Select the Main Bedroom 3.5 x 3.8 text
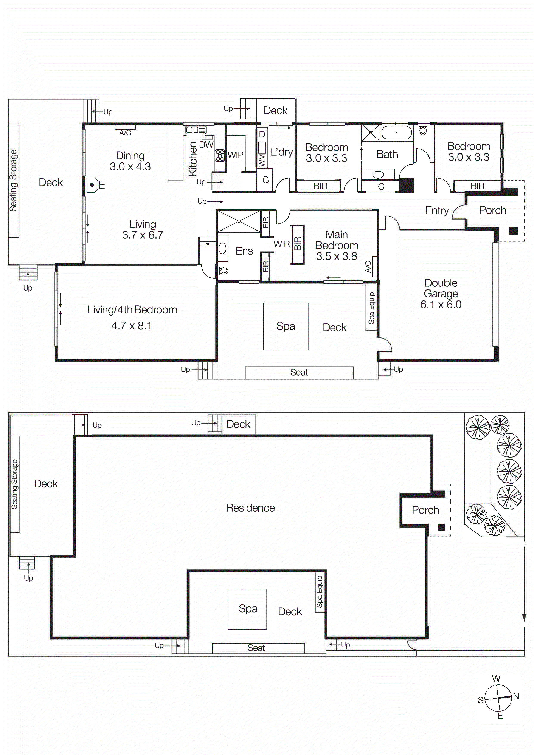point(336,245)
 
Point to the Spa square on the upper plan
point(286,326)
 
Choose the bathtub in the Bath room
point(396,133)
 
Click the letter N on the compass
point(516,696)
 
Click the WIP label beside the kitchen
point(236,155)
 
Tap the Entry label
point(437,210)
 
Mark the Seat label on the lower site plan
point(256,648)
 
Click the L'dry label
point(282,152)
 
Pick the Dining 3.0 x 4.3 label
point(130,161)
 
